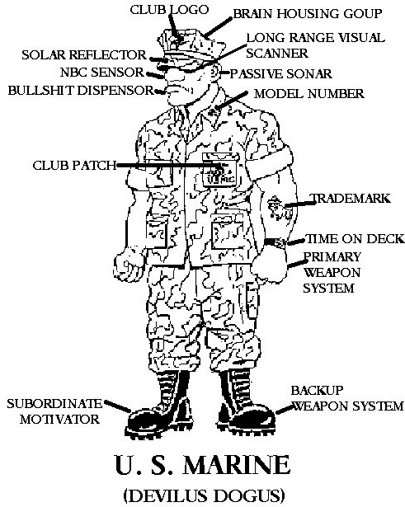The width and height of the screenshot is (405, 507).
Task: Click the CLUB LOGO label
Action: click(169, 10)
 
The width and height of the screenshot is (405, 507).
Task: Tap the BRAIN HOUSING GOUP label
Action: click(308, 14)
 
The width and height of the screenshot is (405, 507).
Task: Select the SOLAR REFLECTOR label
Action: click(84, 55)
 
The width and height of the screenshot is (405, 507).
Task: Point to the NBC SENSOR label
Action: click(102, 72)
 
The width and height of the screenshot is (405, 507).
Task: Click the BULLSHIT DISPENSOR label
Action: click(81, 90)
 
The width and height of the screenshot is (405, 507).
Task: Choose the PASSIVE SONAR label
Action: click(280, 74)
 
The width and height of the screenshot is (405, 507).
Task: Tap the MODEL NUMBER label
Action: click(309, 94)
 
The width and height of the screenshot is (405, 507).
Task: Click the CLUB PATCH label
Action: click(74, 166)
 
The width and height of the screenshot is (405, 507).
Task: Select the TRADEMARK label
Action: click(351, 198)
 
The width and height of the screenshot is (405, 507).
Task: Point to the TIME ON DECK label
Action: click(355, 239)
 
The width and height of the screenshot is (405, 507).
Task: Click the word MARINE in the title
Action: click(237, 465)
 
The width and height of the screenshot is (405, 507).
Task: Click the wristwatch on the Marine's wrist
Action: click(275, 242)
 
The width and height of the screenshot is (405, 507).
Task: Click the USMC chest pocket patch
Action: click(219, 171)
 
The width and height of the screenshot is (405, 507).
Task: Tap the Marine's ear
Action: click(215, 73)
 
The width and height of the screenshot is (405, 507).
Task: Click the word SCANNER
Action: click(277, 54)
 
